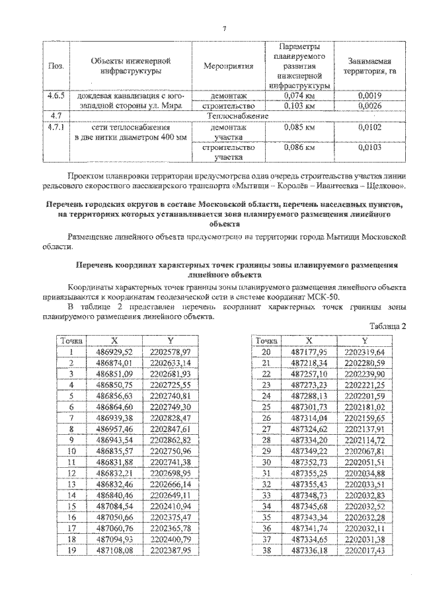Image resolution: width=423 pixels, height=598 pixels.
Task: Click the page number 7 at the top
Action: click(x=225, y=28)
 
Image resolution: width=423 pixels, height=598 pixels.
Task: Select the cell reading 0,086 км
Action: click(x=298, y=147)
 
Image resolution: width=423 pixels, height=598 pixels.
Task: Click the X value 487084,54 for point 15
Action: click(x=114, y=504)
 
